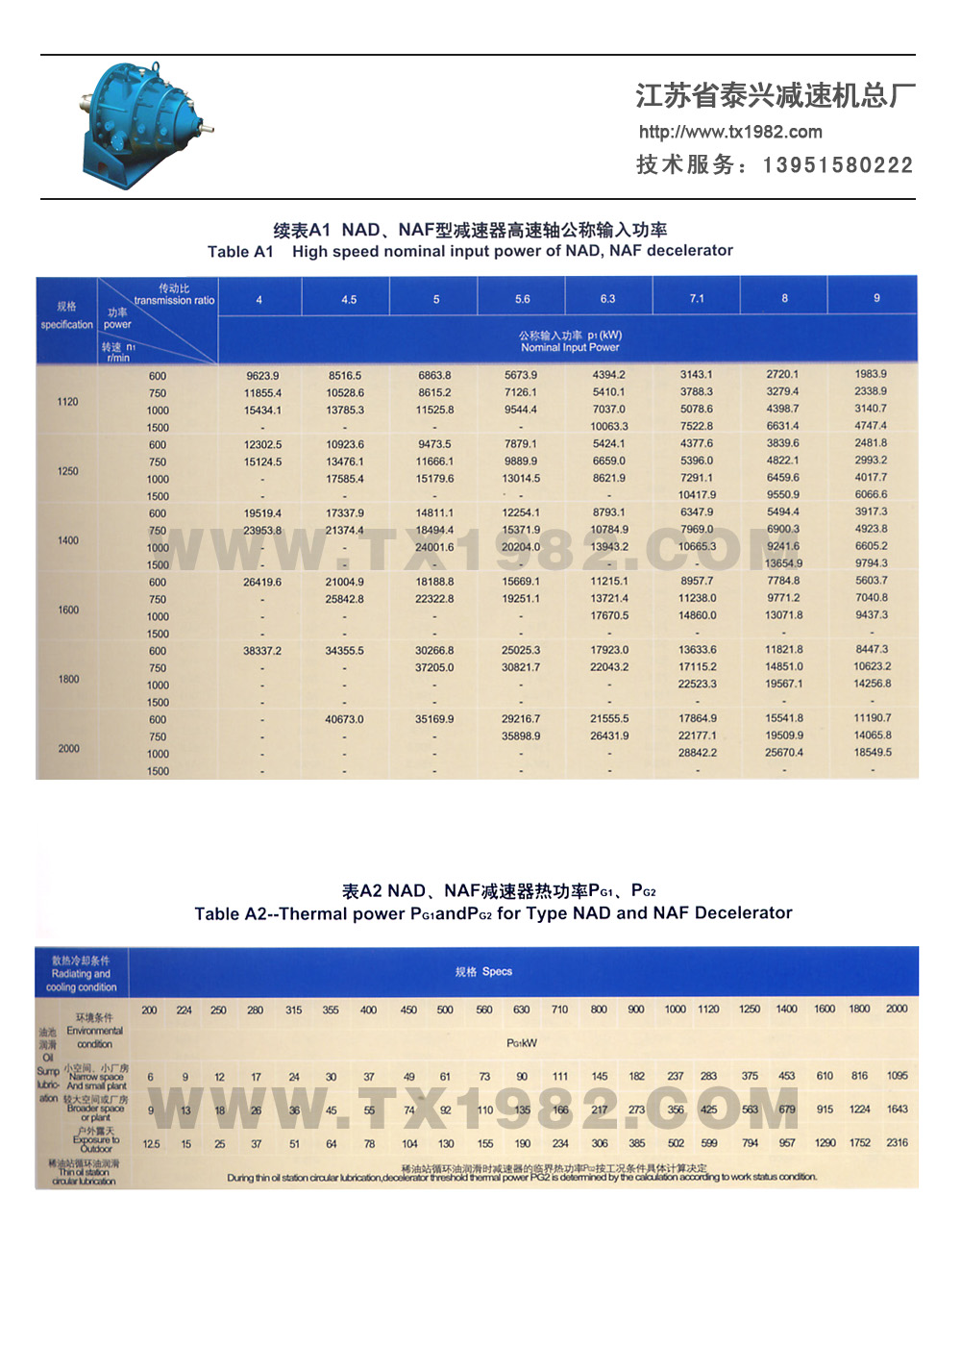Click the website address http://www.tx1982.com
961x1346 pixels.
pos(730,132)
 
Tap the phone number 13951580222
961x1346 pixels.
pos(837,165)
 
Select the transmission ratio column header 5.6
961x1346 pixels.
pos(522,299)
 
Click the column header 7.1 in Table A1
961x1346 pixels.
pos(697,298)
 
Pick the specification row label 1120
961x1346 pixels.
pos(67,402)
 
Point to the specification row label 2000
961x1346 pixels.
pos(68,748)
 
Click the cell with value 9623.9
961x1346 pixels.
pos(262,376)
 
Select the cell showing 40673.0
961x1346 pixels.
pos(344,719)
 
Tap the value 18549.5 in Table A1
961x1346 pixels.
pos(872,753)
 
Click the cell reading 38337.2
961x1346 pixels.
pos(262,651)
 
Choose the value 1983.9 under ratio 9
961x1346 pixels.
pos(871,374)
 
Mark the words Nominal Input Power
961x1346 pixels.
pos(570,348)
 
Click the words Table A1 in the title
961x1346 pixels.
pos(240,252)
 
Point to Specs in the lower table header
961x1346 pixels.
pos(497,972)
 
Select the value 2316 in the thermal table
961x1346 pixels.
pos(897,1143)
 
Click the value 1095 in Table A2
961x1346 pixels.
pos(897,1076)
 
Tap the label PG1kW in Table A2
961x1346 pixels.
pos(521,1043)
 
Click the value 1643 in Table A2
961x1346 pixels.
pos(897,1109)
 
